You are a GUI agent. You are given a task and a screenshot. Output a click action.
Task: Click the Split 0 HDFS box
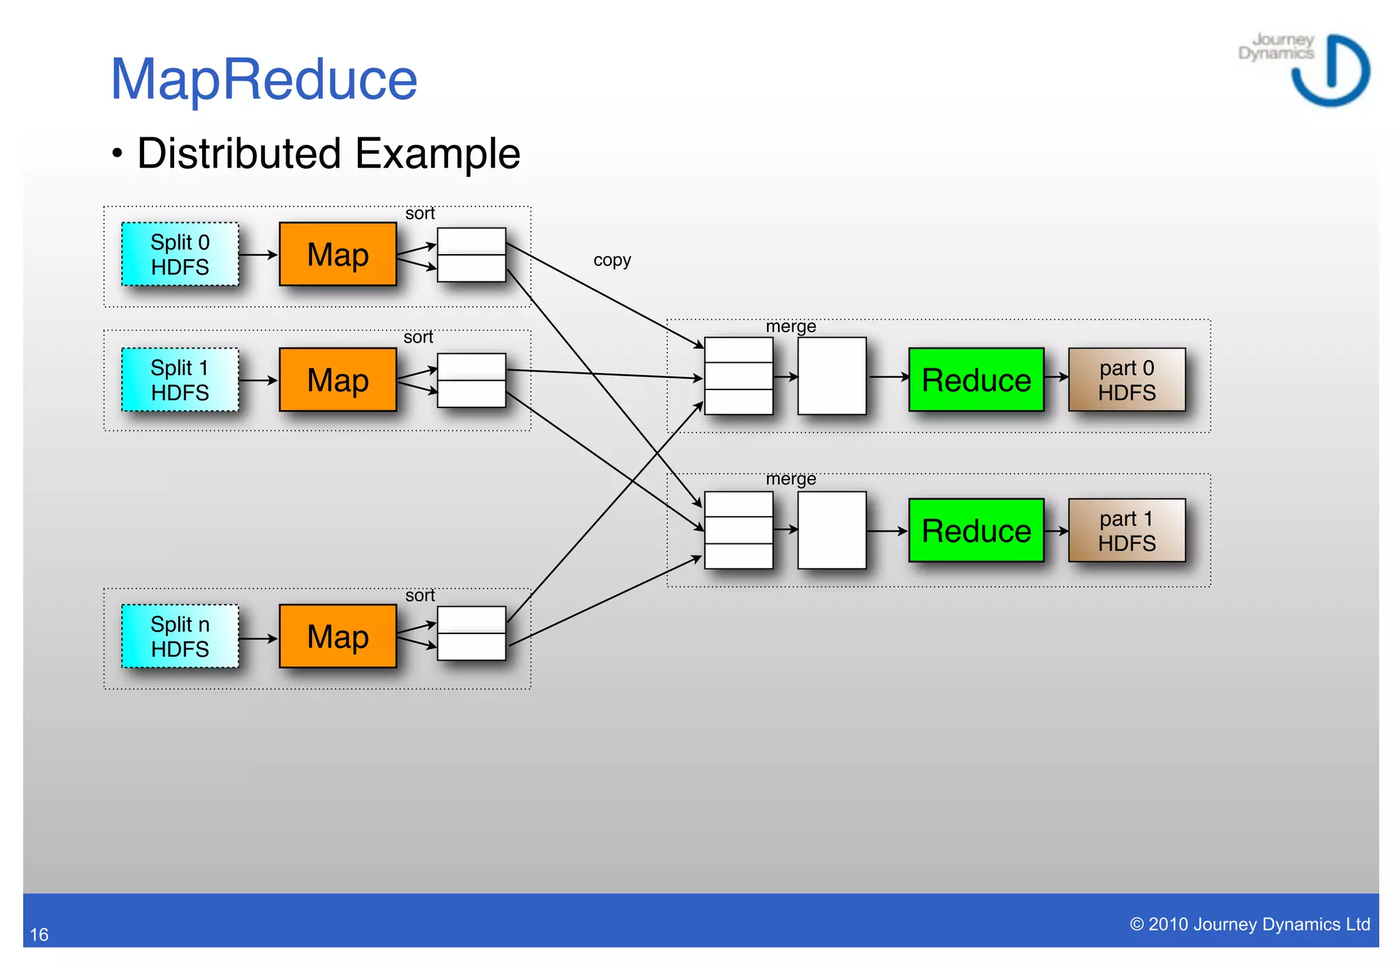[x=180, y=254]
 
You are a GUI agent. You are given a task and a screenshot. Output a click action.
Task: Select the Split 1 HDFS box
[x=180, y=380]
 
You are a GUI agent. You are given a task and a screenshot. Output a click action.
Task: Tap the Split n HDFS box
[x=180, y=636]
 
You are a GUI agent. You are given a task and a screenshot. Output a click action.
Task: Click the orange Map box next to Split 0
[x=337, y=254]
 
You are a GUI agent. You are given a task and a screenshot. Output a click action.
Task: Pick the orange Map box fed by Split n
[x=337, y=636]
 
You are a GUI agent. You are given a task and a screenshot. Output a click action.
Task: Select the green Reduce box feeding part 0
[x=975, y=380]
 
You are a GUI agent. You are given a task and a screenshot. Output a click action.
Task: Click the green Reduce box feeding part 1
[x=975, y=531]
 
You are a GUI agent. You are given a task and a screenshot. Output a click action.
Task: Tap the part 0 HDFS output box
[x=1126, y=380]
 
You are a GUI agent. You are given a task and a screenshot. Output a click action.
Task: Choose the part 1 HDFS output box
[x=1126, y=531]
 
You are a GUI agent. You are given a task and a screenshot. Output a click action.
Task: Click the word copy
[x=612, y=260]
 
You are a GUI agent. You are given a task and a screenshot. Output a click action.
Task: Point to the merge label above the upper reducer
[x=790, y=327]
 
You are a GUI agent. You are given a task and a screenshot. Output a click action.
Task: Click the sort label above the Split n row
[x=419, y=595]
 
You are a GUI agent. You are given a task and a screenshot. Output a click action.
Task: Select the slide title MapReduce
[x=264, y=79]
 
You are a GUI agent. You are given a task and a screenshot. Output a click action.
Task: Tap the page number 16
[x=39, y=934]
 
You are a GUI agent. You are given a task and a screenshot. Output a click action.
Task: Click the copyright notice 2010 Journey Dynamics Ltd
[x=1249, y=924]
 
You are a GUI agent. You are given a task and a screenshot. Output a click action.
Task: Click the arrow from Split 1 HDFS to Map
[x=258, y=380]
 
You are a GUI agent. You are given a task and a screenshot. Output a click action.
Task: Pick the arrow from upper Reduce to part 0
[x=1056, y=377]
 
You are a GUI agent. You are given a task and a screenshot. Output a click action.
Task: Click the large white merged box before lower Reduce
[x=831, y=530]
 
